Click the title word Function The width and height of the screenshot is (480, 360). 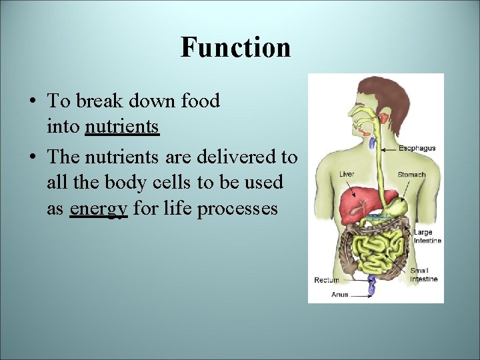[x=235, y=48]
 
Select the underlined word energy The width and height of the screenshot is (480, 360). [x=98, y=209]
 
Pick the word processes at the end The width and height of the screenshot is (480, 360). [x=242, y=209]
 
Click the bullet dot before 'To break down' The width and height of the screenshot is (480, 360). [x=33, y=102]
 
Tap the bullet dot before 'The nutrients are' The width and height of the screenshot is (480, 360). [x=33, y=157]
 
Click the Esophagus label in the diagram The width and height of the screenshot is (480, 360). [x=417, y=148]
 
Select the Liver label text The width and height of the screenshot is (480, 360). [x=347, y=174]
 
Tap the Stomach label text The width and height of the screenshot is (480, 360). [x=411, y=175]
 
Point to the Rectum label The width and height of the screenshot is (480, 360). [x=327, y=280]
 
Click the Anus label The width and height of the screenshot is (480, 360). [x=339, y=295]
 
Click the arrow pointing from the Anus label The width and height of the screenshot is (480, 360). [x=361, y=295]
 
